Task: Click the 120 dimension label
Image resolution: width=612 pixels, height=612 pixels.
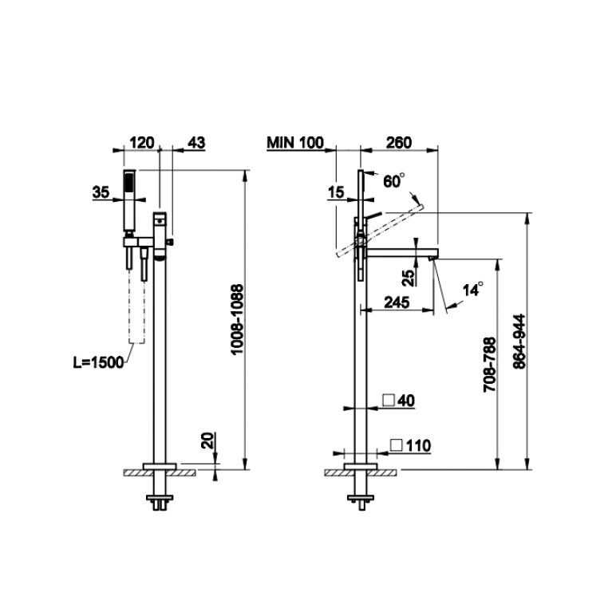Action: (x=142, y=143)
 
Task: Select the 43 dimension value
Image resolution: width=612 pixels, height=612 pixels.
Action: (x=196, y=143)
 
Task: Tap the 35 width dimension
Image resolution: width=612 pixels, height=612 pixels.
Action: (x=101, y=192)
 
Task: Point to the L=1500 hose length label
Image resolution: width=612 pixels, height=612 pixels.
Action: (x=98, y=362)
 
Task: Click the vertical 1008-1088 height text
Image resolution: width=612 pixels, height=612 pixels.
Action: (x=237, y=319)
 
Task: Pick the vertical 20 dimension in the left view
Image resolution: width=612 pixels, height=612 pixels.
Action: (x=209, y=440)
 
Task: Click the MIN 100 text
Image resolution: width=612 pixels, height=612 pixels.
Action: (x=295, y=143)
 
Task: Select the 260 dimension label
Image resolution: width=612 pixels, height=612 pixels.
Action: (x=398, y=143)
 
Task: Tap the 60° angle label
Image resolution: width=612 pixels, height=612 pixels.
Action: (x=394, y=181)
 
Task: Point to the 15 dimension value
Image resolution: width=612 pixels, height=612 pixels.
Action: (x=336, y=192)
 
